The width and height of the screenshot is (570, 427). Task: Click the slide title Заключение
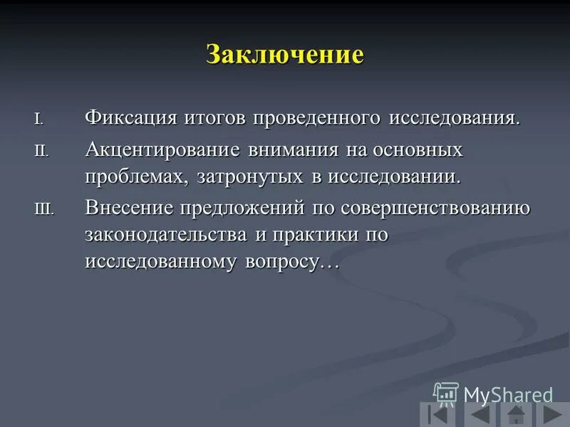tap(285, 55)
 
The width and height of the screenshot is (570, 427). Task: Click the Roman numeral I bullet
tap(38, 118)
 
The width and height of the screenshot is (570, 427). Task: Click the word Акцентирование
tap(163, 151)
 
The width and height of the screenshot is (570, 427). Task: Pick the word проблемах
tap(136, 176)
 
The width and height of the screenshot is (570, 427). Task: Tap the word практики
tap(309, 235)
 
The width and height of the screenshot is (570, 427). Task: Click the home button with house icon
tap(515, 415)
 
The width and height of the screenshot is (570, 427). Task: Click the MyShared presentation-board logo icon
tap(446, 394)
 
